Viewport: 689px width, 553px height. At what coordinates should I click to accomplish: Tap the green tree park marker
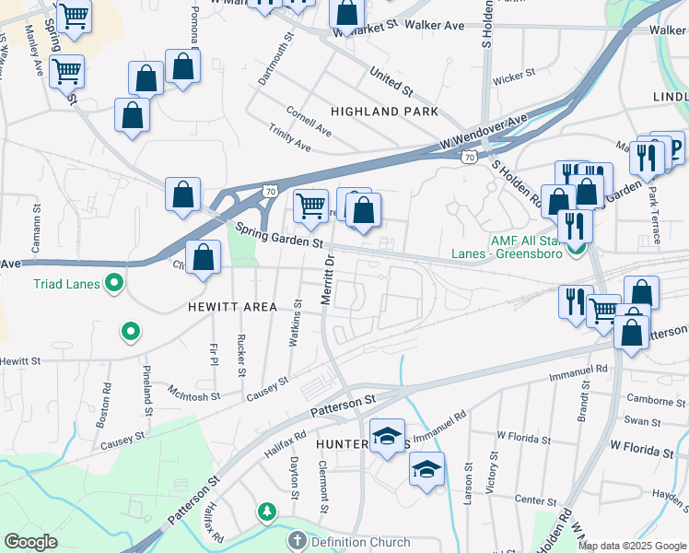click(267, 511)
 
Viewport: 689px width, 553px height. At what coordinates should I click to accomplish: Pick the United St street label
click(391, 81)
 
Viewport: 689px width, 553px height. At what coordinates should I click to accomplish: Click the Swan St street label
click(637, 420)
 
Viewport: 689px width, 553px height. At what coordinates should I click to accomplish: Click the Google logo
click(30, 542)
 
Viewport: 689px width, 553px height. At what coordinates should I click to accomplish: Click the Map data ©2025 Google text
click(632, 546)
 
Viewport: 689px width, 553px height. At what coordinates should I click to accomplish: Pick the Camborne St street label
click(656, 399)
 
